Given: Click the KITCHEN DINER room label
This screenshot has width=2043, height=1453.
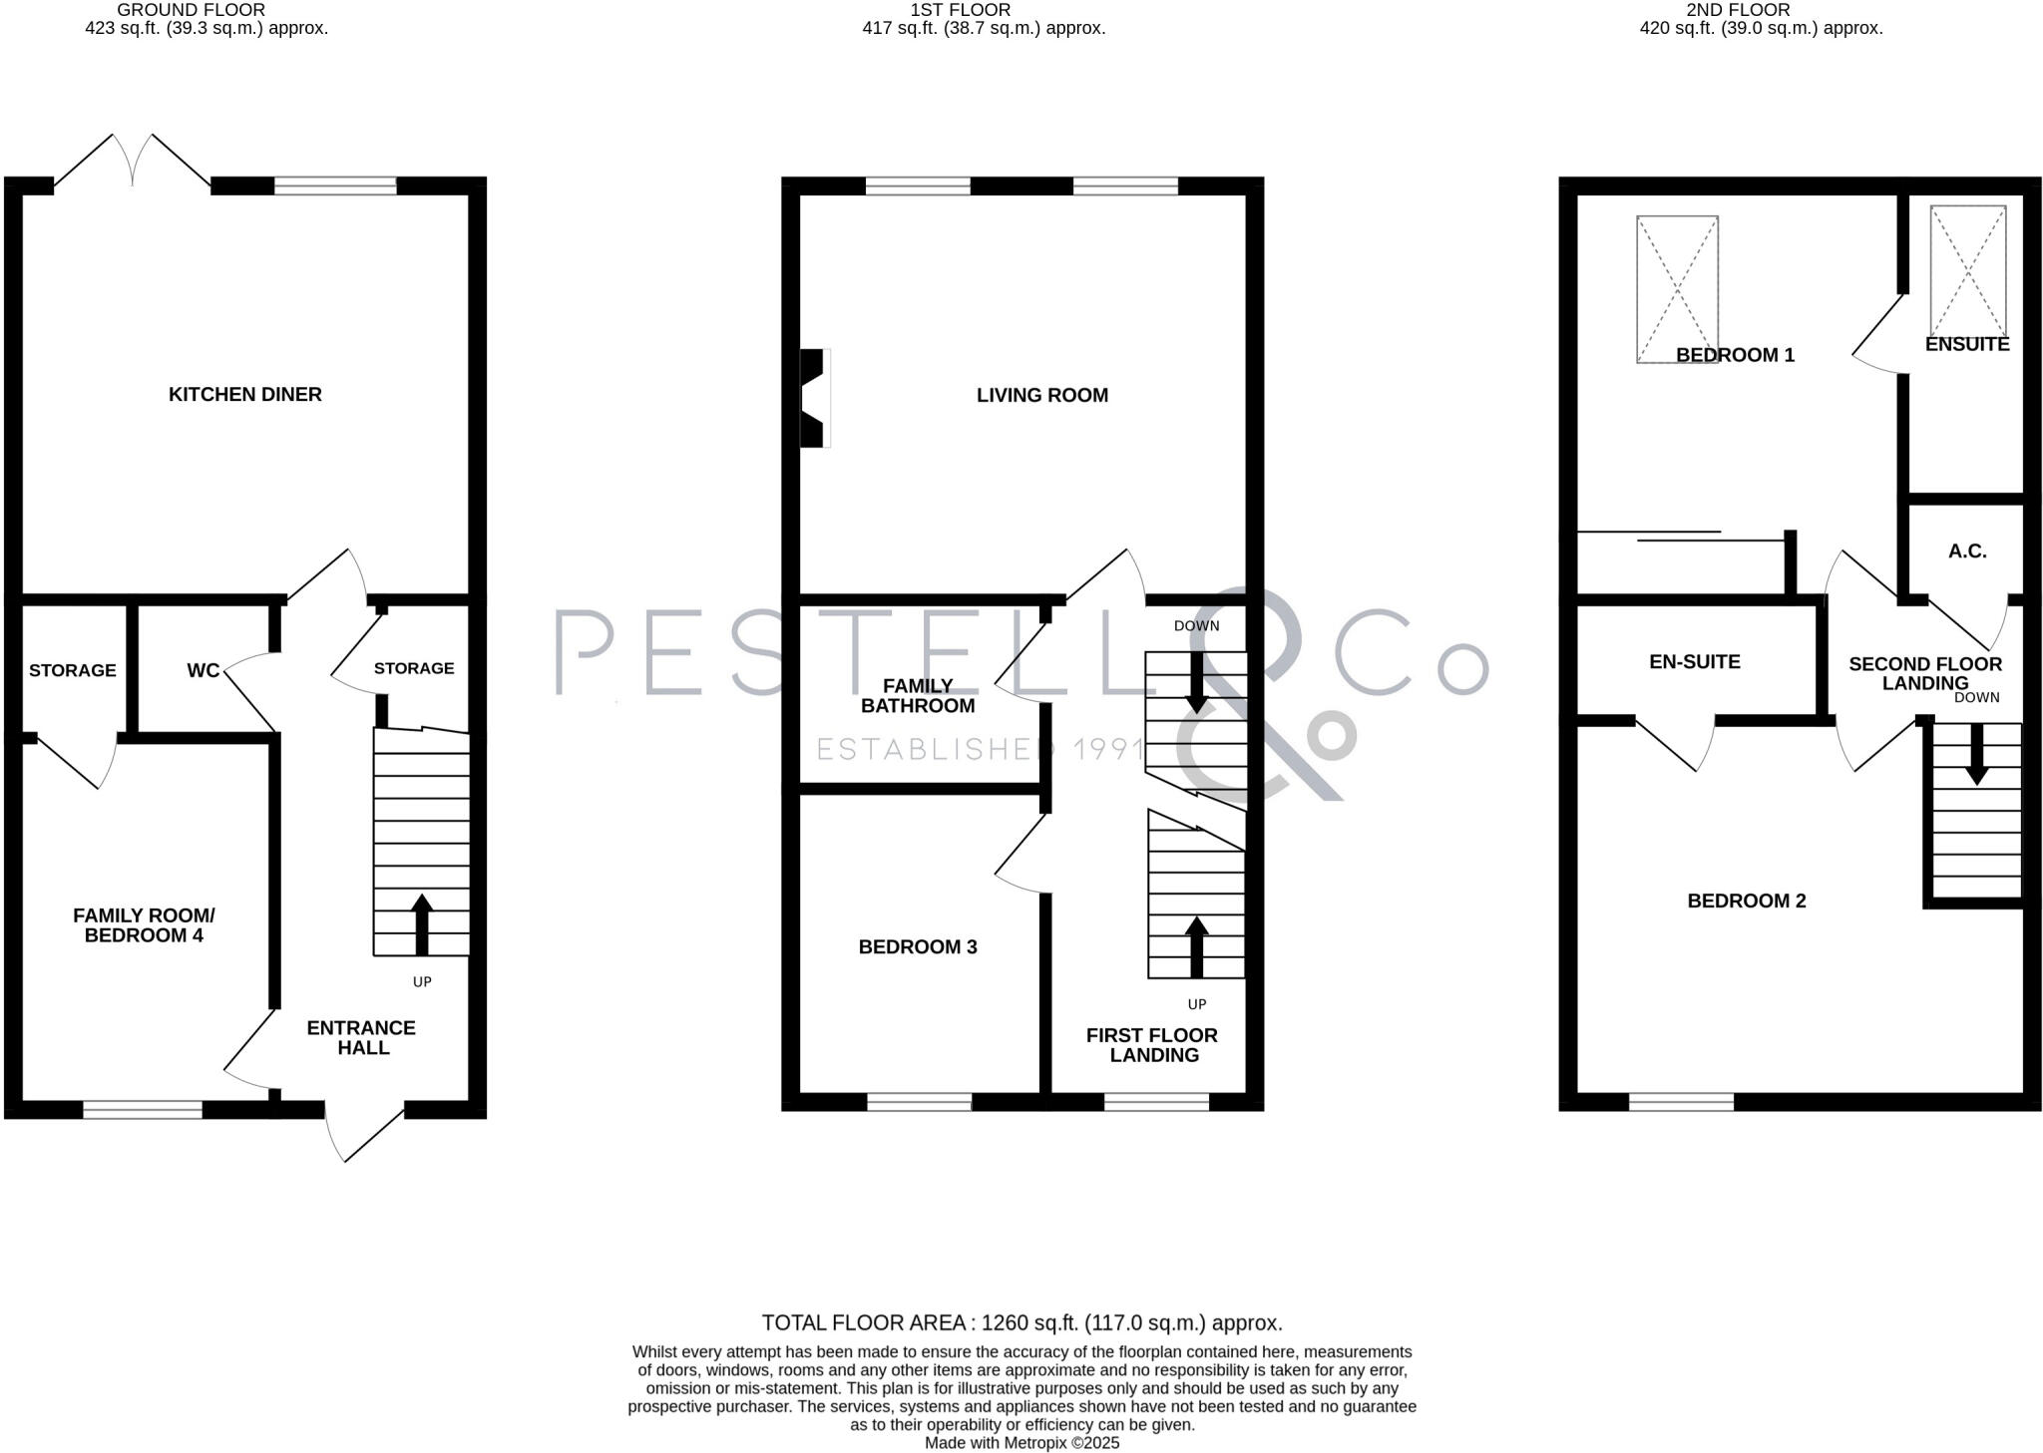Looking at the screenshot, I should tap(244, 394).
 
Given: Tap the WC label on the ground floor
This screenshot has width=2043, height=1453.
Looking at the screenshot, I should tap(203, 670).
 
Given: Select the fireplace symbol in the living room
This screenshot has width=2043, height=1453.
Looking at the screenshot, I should tap(815, 398).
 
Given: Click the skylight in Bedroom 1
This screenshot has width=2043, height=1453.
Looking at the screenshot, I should tap(1677, 289).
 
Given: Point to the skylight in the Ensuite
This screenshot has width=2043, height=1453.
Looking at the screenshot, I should tap(1967, 271).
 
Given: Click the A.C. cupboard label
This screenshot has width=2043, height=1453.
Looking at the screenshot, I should tap(1967, 550).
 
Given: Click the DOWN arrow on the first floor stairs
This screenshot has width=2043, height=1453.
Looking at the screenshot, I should tap(1196, 683).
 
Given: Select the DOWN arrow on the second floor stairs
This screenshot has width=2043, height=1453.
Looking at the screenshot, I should tap(1976, 753).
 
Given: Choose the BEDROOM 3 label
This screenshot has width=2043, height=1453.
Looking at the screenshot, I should tap(917, 946).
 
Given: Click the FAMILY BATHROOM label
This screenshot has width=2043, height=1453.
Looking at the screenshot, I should tap(917, 695).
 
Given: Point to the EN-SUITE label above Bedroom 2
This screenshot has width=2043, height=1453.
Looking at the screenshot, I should tap(1694, 661).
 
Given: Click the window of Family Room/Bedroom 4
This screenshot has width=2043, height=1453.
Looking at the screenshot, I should tap(143, 1109).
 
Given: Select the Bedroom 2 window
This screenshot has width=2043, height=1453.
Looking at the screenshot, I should tap(1681, 1101).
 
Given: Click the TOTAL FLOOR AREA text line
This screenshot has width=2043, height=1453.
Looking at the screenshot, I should tap(1021, 1322).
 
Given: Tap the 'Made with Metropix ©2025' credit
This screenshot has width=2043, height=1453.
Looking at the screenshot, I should tap(1021, 1443).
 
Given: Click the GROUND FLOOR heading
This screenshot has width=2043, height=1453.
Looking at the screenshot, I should tap(191, 10).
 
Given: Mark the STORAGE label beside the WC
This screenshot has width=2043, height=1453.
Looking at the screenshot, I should tap(72, 670).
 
